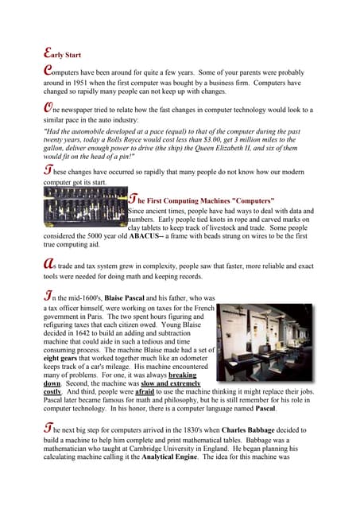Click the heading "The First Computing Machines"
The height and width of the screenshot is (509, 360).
[207, 200]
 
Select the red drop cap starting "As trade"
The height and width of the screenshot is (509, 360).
[48, 264]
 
